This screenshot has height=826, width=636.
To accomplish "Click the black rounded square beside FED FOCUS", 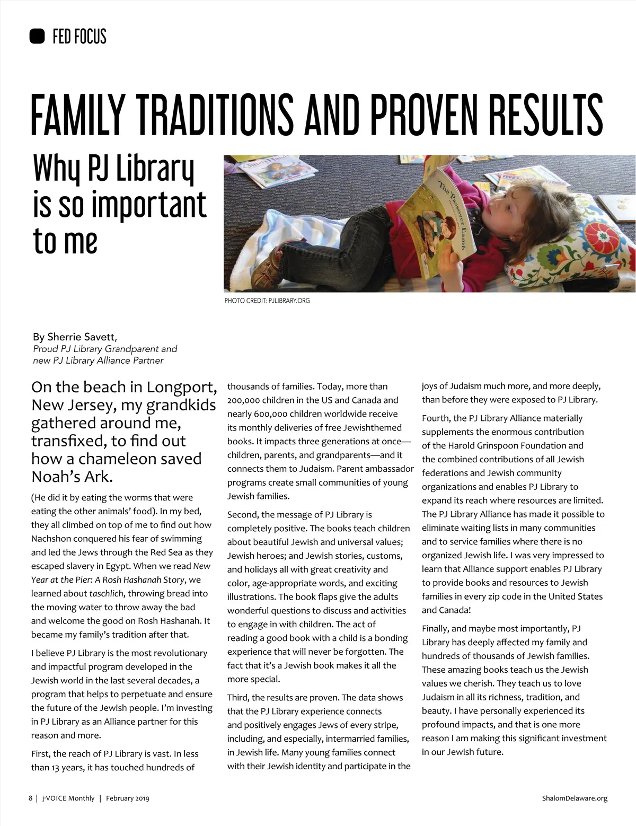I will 37,36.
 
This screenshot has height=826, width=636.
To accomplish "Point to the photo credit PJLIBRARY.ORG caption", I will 288,301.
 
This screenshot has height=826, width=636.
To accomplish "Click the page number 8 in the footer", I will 30,798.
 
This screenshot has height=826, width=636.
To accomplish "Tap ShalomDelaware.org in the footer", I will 575,798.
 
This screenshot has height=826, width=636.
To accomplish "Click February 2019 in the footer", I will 127,798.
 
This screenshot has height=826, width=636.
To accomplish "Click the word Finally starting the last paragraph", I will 436,629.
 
